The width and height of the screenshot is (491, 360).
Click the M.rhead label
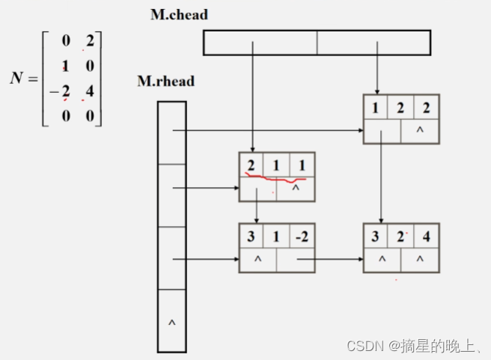click(165, 81)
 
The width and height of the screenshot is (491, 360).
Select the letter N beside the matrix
click(19, 79)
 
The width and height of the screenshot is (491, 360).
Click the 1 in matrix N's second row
click(66, 67)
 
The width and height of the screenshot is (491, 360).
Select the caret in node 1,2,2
click(420, 132)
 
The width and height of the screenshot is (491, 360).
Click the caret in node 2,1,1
click(296, 189)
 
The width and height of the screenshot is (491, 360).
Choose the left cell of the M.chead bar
click(260, 43)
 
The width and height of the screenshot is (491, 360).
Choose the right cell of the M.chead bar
click(373, 43)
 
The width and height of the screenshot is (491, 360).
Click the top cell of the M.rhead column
click(171, 132)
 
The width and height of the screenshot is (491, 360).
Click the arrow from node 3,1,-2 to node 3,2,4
click(329, 260)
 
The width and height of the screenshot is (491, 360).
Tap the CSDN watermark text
click(412, 345)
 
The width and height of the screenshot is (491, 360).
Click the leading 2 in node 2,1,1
click(251, 164)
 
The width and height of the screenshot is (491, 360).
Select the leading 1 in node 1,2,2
click(375, 107)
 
